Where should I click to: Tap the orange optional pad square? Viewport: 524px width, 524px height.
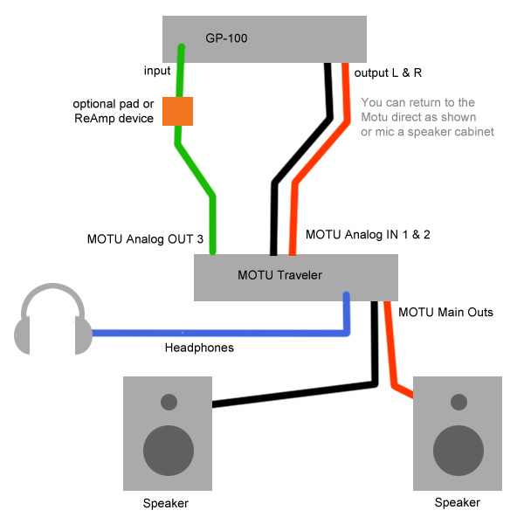pos(178,111)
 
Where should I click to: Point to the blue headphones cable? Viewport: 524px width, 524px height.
pos(218,333)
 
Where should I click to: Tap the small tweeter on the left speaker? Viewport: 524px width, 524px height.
pos(169,402)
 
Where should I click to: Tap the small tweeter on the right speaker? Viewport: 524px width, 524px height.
pos(457,402)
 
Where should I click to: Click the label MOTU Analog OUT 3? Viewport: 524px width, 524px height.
pos(145,238)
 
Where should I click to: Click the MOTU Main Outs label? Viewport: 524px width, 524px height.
pos(445,312)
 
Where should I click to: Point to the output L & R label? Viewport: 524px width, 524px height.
pos(389,72)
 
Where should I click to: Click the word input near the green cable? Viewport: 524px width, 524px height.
pos(158,70)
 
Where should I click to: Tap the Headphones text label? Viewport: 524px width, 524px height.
pos(199,348)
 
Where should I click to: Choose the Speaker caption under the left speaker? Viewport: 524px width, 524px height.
pos(166,503)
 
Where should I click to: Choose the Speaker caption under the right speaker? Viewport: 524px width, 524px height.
pos(458,502)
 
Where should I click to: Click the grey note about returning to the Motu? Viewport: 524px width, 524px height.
pos(427,116)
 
